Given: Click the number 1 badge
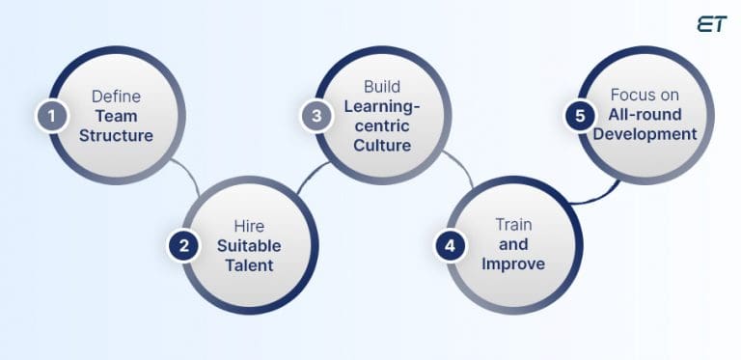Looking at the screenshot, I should (x=49, y=117).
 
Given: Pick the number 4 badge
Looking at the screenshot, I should (x=450, y=246).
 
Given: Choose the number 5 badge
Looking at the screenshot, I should (x=579, y=116).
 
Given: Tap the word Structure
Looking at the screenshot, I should (x=116, y=136).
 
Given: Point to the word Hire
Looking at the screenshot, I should (x=249, y=226).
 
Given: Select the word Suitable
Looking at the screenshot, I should (x=249, y=245).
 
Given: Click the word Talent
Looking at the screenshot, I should (x=249, y=265).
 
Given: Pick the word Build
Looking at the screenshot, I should (x=382, y=87).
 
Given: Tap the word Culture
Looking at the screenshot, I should (x=382, y=147).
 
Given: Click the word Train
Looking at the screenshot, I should (x=513, y=225).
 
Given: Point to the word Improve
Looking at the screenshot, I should (x=513, y=264).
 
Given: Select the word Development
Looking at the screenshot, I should (x=645, y=134).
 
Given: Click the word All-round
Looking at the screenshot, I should (x=645, y=115).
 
